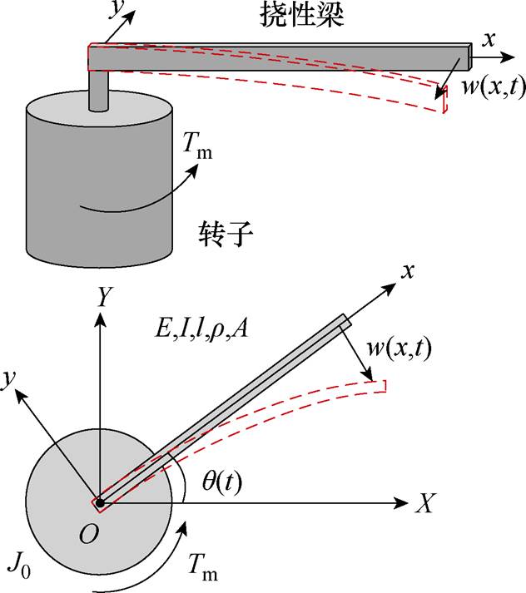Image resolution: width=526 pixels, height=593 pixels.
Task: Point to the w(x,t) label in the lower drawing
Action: (398, 349)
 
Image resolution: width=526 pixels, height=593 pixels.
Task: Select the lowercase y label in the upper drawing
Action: (112, 10)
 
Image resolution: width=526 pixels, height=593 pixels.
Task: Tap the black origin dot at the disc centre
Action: (99, 502)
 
